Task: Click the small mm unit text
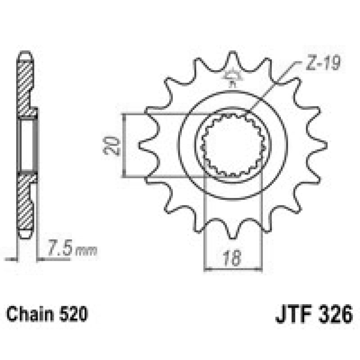pyautogui.click(x=86, y=251)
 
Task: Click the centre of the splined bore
pyautogui.click(x=233, y=145)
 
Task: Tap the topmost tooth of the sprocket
pyautogui.click(x=233, y=61)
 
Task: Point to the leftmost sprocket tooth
pyautogui.click(x=146, y=145)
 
